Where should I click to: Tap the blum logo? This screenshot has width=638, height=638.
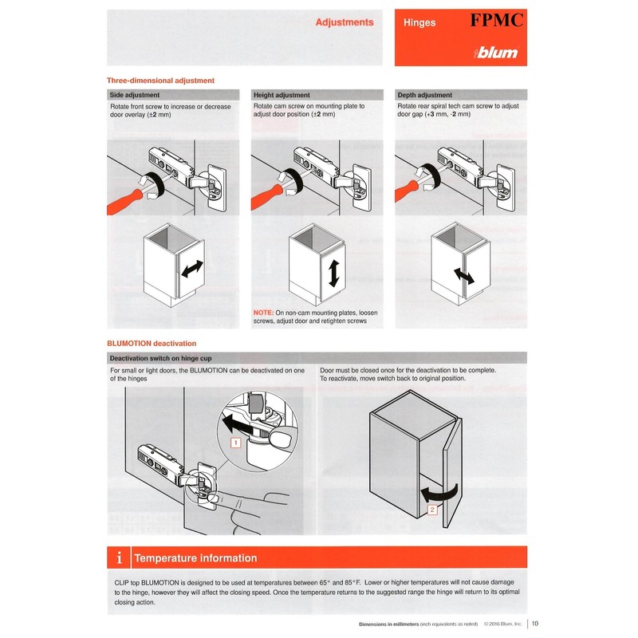496,53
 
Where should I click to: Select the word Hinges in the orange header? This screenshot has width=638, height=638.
419,23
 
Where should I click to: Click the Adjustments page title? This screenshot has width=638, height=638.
345,22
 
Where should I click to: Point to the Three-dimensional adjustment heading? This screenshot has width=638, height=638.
160,81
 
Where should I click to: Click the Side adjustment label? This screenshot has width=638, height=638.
135,95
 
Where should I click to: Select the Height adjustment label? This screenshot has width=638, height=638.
282,95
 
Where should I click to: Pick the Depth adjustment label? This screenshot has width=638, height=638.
424,95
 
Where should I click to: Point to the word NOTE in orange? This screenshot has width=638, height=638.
263,313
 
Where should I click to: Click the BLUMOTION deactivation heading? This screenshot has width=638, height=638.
152,343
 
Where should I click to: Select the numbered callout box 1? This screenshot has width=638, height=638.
235,441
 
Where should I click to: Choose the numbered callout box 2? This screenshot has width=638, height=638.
431,509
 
